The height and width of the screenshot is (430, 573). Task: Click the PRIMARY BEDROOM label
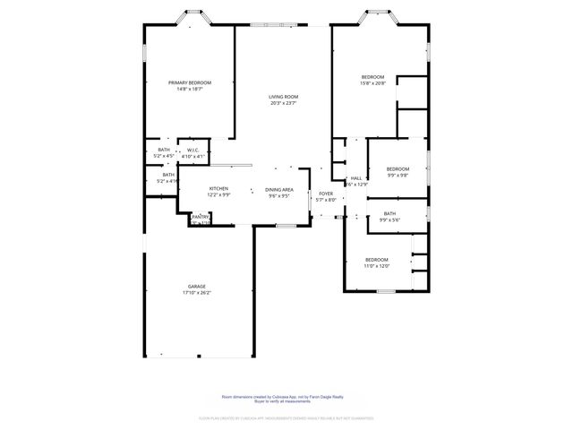pos(189,82)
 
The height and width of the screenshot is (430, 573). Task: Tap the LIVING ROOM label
pos(283,97)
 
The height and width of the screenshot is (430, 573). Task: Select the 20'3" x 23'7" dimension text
pos(283,103)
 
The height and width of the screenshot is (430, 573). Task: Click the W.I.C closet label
pos(192,150)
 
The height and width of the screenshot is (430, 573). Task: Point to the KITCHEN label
pos(218,188)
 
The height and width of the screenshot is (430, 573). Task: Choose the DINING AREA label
pos(279,189)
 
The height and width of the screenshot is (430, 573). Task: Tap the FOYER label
pos(326,193)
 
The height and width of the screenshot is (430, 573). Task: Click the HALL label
pos(355,178)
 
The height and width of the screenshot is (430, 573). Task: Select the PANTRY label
pos(201,216)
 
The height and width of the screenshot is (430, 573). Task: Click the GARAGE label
pos(196,287)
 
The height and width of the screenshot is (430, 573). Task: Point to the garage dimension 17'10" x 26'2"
pos(196,293)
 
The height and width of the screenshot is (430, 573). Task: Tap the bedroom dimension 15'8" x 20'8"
pos(372,83)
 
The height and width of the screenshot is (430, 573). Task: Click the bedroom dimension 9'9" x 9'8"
pos(398,176)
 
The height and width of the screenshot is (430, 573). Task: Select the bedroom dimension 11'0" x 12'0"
pos(376,266)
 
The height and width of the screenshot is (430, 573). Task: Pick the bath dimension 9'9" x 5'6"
pos(389,220)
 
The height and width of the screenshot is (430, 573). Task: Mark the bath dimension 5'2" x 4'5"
pos(164,156)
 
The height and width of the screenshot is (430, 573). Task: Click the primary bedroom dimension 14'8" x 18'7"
pos(189,89)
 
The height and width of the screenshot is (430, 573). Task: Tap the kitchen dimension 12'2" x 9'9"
pos(218,194)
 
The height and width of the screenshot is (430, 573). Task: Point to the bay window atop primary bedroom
pos(192,16)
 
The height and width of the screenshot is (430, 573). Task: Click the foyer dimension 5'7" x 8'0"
pos(326,200)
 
